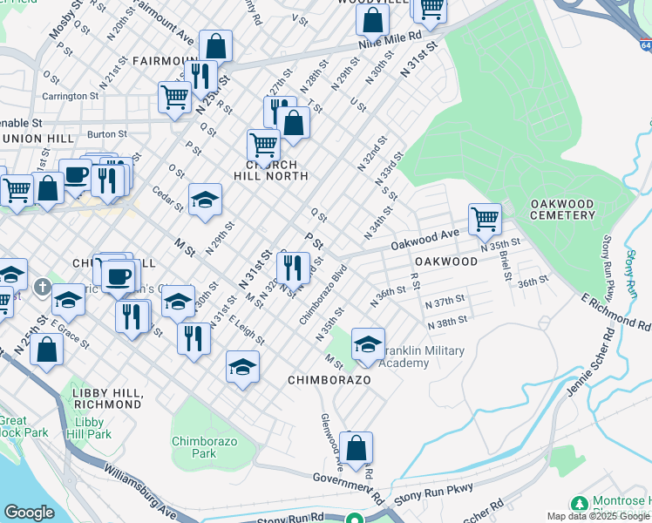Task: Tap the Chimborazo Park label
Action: pyautogui.click(x=194, y=447)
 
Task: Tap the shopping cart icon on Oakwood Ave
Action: pyautogui.click(x=485, y=219)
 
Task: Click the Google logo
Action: pyautogui.click(x=29, y=513)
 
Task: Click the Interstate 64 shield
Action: pyautogui.click(x=643, y=45)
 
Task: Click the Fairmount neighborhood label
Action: pyautogui.click(x=166, y=60)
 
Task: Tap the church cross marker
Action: pyautogui.click(x=42, y=287)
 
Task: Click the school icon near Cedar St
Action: pyautogui.click(x=206, y=200)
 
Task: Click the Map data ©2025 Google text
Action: pyautogui.click(x=598, y=515)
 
